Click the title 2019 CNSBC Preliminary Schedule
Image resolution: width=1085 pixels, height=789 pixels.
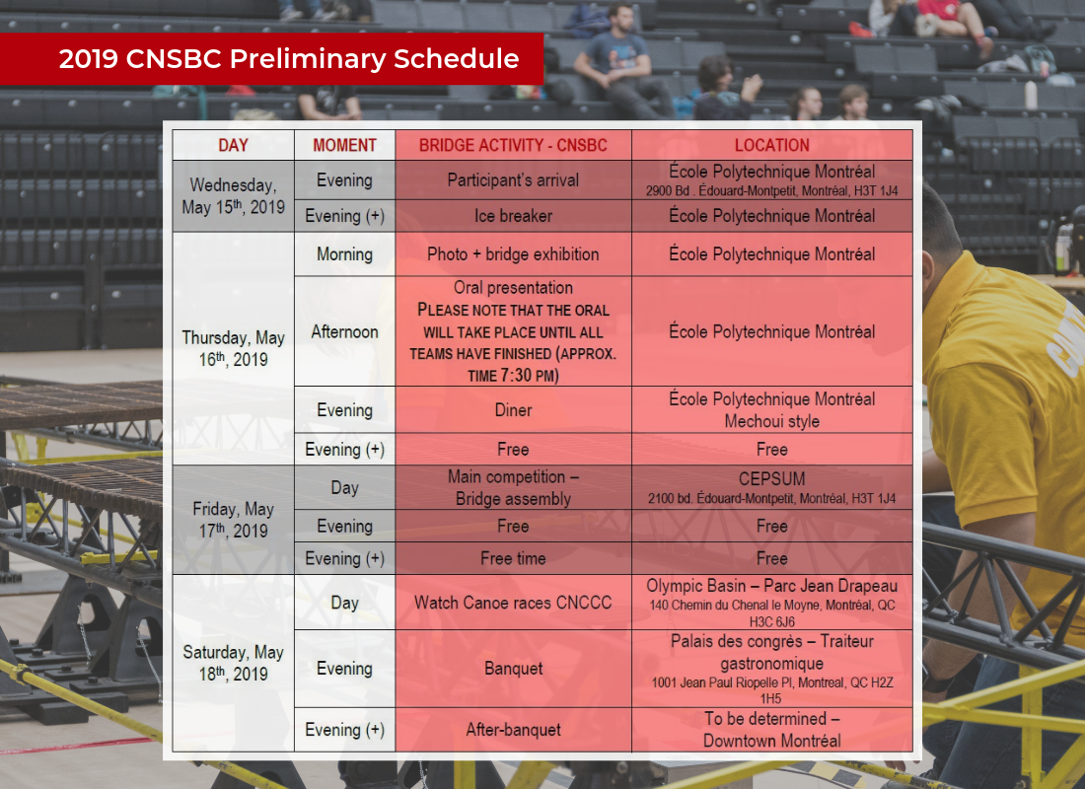289,59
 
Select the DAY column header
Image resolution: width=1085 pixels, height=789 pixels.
233,145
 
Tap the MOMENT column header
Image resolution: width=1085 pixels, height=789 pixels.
344,145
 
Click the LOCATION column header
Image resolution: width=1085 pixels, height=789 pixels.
772,145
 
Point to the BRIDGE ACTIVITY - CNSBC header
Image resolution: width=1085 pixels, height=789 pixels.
513,145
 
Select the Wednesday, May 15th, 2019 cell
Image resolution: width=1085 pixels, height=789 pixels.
233,196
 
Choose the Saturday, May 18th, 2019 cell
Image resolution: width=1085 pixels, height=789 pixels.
233,663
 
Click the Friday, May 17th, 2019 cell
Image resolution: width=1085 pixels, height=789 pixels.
233,520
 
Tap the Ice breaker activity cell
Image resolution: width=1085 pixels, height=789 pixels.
513,216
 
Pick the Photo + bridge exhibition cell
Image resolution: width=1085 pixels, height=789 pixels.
513,254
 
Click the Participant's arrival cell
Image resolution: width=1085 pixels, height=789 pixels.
513,180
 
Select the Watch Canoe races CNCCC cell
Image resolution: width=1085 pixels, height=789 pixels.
513,603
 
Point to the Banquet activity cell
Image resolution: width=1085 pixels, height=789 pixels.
513,669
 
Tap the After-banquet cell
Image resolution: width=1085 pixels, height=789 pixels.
513,730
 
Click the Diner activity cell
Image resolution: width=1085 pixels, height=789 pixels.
513,410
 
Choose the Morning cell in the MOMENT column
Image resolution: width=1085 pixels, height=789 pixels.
344,254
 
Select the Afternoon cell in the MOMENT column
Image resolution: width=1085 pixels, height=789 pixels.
344,331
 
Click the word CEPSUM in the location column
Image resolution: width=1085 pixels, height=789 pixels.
771,479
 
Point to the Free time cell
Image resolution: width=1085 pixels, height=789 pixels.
513,558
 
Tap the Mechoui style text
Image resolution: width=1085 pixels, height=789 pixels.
771,421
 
